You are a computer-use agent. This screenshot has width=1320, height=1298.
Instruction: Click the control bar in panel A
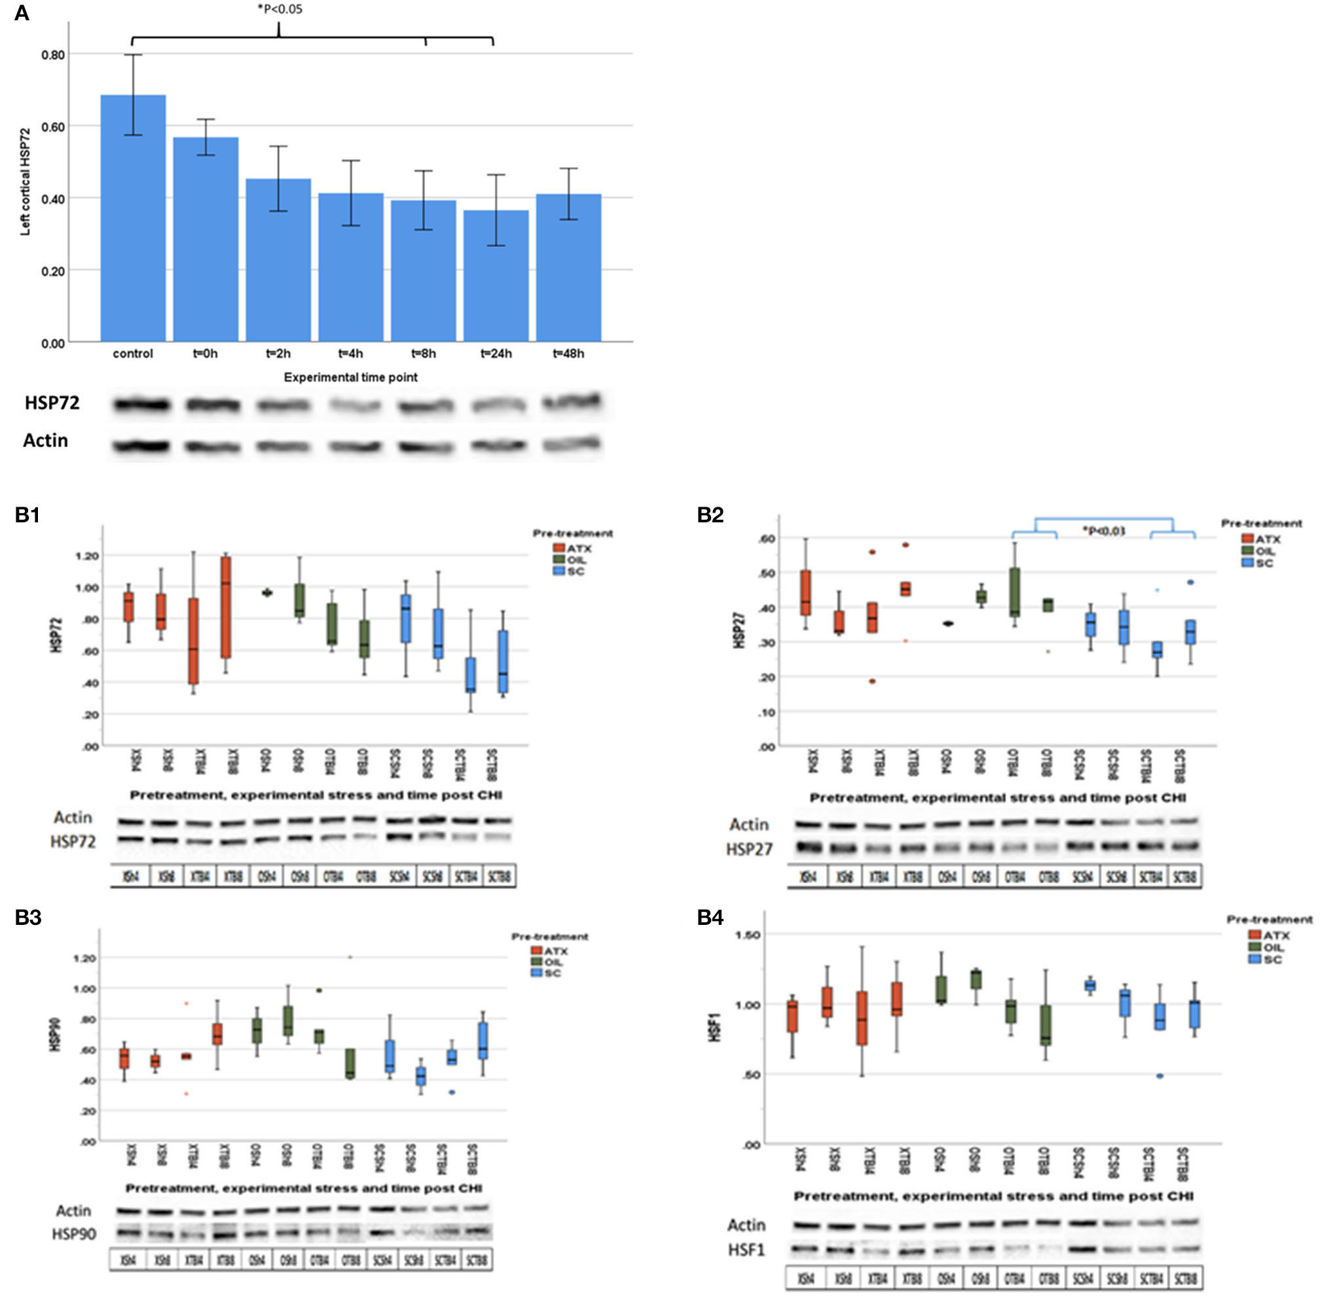133,218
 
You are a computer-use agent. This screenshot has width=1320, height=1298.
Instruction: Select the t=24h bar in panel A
496,276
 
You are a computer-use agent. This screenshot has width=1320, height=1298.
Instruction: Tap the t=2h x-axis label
278,353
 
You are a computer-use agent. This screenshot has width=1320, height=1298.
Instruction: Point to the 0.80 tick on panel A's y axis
53,54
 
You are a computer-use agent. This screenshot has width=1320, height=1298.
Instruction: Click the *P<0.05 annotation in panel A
280,10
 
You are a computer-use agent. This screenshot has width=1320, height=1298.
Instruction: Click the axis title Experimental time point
350,377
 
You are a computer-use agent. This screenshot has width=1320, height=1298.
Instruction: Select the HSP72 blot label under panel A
52,403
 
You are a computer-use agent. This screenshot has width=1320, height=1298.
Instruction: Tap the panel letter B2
710,515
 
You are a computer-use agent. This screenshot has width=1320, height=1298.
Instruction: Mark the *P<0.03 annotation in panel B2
1103,531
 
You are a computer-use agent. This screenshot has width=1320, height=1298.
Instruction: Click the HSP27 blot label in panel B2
748,850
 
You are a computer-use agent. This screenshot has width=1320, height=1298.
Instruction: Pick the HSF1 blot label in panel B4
746,1250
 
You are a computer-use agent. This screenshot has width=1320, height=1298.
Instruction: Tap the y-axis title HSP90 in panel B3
56,1034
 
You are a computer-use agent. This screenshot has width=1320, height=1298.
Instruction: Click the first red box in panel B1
128,607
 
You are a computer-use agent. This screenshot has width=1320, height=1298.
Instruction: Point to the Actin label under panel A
46,441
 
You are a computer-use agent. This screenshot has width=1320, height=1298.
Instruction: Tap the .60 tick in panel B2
767,539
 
